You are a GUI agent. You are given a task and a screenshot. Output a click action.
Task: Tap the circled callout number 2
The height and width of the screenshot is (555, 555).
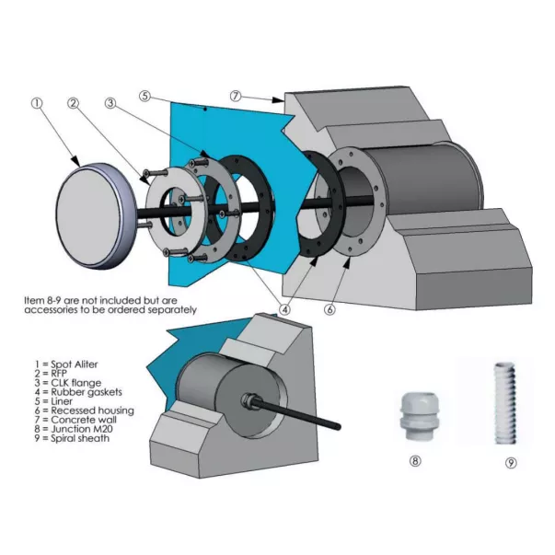[73, 103]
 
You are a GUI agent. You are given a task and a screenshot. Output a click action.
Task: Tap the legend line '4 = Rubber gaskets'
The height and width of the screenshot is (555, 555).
[72, 392]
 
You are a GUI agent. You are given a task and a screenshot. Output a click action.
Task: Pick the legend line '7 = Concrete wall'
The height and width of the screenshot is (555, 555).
[69, 419]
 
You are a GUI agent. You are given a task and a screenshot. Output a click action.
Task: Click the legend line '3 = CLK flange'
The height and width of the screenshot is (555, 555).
[64, 383]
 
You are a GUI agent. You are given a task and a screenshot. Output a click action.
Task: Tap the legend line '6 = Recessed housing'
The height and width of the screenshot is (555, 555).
[76, 410]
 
